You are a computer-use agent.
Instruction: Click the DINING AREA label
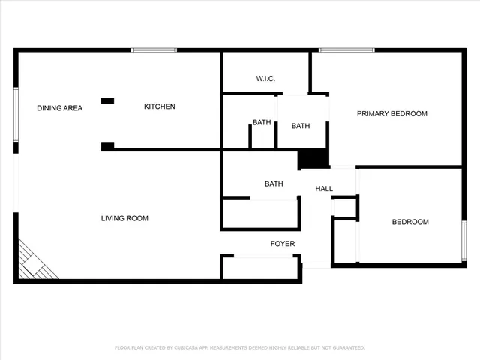[59, 108]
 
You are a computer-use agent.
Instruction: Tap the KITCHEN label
[159, 106]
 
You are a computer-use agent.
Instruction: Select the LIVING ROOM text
[124, 218]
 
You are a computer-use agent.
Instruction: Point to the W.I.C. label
[266, 78]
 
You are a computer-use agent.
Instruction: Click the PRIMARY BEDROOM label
[391, 114]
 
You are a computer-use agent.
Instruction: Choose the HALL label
[323, 189]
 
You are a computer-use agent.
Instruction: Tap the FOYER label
[283, 244]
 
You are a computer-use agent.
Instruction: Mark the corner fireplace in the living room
[34, 263]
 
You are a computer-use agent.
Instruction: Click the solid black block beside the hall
[313, 158]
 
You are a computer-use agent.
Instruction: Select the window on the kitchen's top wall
[154, 50]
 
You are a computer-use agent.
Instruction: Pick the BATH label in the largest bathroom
[273, 184]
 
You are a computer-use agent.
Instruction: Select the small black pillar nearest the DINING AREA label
[108, 100]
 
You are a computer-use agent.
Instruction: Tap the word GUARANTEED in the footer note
[347, 347]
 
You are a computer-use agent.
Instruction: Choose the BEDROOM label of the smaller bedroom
[410, 222]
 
